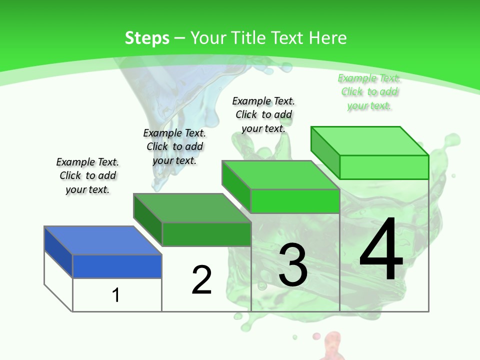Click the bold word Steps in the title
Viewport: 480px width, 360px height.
point(147,38)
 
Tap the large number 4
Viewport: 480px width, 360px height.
point(381,250)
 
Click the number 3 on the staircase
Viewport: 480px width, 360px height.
point(293,265)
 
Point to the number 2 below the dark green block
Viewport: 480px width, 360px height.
point(202,280)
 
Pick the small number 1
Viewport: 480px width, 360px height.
point(116,295)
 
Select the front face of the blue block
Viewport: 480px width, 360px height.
point(117,266)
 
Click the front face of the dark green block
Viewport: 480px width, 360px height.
point(206,234)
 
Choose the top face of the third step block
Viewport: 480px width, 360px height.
point(280,175)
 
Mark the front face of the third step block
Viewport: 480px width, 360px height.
point(295,201)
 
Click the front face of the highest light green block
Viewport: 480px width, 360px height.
point(384,167)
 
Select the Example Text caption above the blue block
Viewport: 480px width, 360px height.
point(87,175)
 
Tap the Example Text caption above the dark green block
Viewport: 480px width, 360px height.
point(174,146)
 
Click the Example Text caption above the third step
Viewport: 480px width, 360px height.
point(263,114)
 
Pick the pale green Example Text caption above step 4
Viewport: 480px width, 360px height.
point(369,92)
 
